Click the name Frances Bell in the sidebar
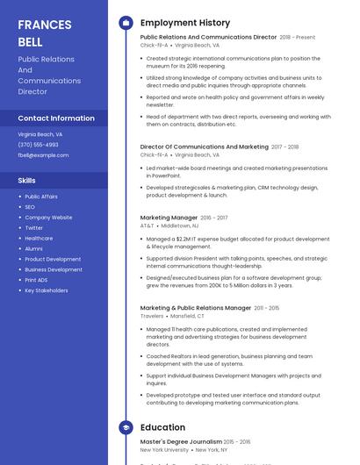click(x=45, y=32)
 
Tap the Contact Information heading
click(x=56, y=118)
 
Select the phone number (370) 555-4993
click(x=38, y=145)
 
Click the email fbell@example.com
click(x=43, y=155)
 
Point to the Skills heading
click(x=27, y=180)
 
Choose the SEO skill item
click(x=30, y=207)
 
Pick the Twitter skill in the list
click(x=33, y=228)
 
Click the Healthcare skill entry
click(x=39, y=238)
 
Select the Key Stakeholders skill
click(x=47, y=290)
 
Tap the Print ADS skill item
click(x=37, y=280)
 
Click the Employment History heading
click(x=185, y=23)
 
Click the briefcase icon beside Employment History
click(x=126, y=23)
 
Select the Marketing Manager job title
click(x=169, y=218)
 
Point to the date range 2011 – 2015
click(x=267, y=308)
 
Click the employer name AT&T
click(x=147, y=225)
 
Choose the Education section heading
click(x=162, y=427)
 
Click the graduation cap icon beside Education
click(x=126, y=427)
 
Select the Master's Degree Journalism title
click(x=181, y=441)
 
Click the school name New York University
click(x=163, y=450)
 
